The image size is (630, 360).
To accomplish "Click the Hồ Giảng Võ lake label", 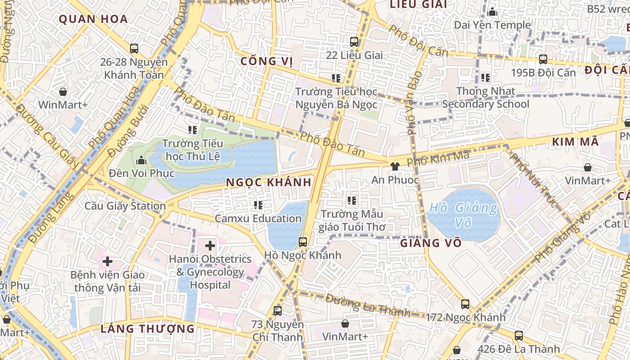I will coord(463,215).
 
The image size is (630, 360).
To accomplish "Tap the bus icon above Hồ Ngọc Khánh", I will coord(303,242).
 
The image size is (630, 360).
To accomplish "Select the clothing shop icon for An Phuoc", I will coord(395,166).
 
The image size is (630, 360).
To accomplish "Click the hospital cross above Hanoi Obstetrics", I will coord(210,246).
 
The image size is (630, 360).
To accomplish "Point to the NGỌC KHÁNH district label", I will coord(269,182).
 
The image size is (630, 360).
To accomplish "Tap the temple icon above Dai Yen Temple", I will coord(492,12).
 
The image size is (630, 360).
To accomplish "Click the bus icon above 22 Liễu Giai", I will coord(354,42).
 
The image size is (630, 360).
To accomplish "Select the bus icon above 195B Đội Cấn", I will coord(543,59).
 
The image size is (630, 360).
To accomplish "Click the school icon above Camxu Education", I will coord(258,205).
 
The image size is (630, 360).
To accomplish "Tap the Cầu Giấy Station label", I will coord(126,206).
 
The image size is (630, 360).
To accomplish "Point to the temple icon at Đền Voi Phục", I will coord(141,160).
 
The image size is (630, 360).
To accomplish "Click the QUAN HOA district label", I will coord(94,19).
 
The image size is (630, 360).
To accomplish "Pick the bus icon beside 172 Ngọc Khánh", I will coord(465,304).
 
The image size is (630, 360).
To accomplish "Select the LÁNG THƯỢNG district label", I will coord(148,328).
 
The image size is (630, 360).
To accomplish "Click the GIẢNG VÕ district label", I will coord(431,243).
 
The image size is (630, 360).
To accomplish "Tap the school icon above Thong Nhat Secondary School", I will coord(485,78).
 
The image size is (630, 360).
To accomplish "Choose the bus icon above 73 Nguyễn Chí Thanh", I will coord(278,310).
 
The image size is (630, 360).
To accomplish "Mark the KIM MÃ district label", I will coord(575,142).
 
